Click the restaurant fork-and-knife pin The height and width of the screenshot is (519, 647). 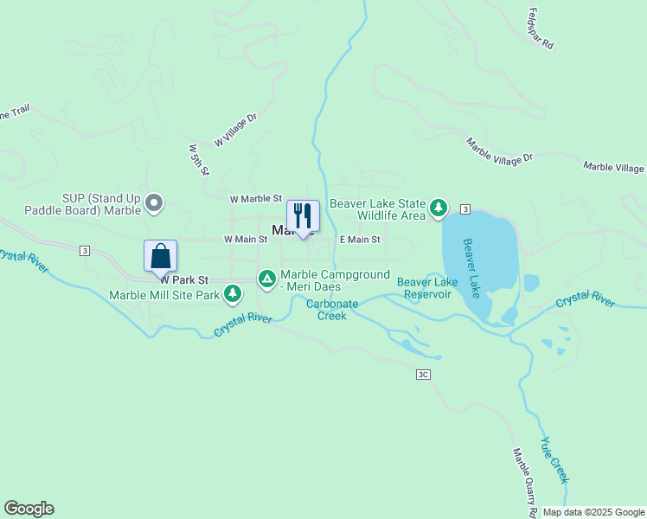303,215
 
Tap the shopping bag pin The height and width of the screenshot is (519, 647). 160,256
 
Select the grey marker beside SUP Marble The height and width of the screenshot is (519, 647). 155,204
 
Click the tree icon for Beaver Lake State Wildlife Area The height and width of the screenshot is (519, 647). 439,208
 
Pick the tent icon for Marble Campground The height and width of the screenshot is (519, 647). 267,279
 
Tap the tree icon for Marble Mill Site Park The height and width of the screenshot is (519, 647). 232,295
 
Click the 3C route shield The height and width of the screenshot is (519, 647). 423,375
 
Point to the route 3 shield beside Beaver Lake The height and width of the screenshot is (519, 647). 465,209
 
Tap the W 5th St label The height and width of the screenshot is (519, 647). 199,159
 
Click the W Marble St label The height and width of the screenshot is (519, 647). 256,199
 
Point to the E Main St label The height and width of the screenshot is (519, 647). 360,240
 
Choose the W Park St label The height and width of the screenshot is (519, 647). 184,280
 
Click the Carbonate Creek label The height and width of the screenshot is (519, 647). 326,310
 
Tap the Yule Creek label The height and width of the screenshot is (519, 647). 554,458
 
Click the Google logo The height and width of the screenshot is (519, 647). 29,509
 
